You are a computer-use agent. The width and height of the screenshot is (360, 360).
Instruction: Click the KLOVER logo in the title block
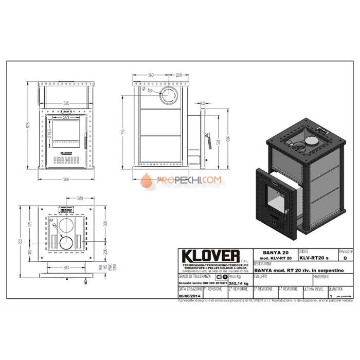209,256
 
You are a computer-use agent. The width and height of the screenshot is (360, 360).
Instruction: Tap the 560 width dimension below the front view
65,179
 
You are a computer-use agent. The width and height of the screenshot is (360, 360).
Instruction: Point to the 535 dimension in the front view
66,102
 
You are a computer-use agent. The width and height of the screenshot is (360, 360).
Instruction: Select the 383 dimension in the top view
65,267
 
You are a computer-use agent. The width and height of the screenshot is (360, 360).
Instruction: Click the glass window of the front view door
65,133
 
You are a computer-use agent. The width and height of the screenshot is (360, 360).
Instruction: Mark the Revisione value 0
345,258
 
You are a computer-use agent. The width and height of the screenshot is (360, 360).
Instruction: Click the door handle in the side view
208,139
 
